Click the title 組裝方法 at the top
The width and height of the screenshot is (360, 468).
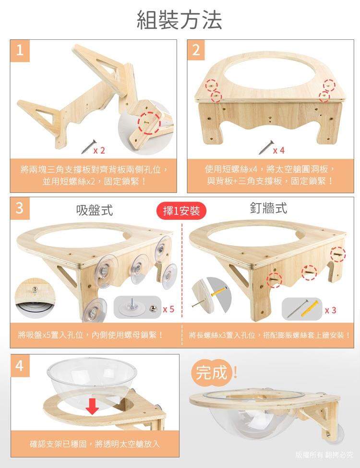(x=180, y=20)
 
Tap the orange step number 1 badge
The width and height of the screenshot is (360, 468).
(x=20, y=50)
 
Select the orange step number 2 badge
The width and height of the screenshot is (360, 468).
(x=196, y=50)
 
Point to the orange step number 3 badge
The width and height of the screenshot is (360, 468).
(x=20, y=208)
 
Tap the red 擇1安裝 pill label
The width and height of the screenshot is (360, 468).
(x=181, y=211)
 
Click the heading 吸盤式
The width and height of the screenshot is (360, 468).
(x=95, y=210)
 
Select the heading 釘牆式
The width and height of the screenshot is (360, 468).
(x=268, y=208)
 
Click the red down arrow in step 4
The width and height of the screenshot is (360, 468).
(x=92, y=406)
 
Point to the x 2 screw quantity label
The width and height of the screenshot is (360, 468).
(x=99, y=150)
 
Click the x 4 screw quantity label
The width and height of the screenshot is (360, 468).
(x=279, y=150)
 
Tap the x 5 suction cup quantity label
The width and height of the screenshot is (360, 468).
(x=168, y=309)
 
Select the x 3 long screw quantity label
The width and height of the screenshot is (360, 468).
(x=330, y=311)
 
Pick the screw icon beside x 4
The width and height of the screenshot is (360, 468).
(x=266, y=147)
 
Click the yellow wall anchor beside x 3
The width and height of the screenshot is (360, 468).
(x=310, y=309)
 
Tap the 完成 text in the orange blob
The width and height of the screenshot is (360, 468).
(x=211, y=373)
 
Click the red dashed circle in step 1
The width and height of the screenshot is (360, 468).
(x=149, y=123)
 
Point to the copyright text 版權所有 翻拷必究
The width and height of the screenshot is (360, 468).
(x=324, y=455)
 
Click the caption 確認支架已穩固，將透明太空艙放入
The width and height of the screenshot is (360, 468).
(x=95, y=444)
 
